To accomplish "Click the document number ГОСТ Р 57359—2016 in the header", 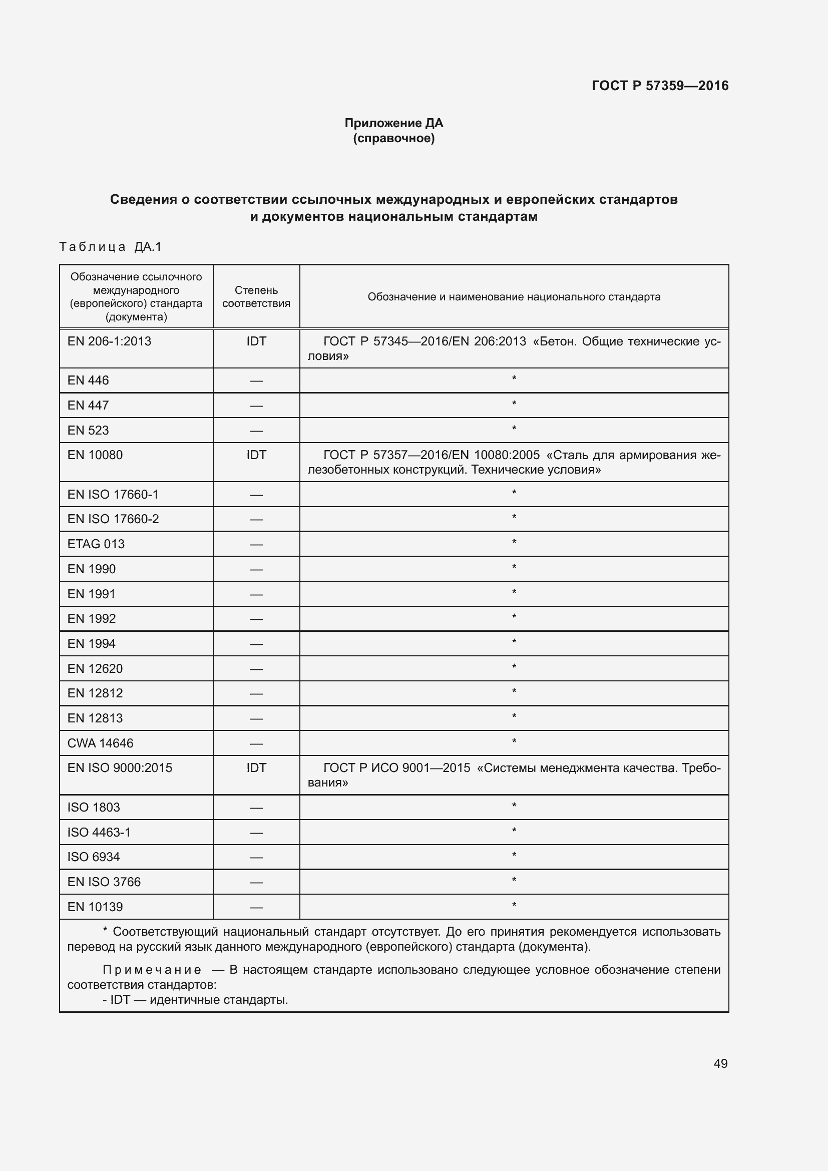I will coord(660,86).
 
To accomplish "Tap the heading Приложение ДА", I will coord(393,123).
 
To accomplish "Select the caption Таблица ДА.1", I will coord(110,247).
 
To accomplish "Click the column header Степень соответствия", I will coord(256,296).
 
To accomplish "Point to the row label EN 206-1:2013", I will coord(109,341).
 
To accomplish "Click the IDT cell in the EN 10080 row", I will coord(256,455).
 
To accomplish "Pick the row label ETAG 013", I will coord(96,544).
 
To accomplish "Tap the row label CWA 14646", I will coord(100,743).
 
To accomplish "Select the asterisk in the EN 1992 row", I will coord(514,618).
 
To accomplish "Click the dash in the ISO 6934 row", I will coord(256,857).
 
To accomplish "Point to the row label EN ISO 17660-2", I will coord(113,519).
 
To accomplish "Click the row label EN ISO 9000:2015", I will coord(119,767).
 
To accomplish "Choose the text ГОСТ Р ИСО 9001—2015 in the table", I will coord(396,767).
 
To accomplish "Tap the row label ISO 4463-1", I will coord(99,833).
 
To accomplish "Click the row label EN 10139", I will coord(95,907).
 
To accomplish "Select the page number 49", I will coord(720,1063).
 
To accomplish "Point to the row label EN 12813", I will coord(95,718).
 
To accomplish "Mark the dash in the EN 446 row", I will coord(256,381).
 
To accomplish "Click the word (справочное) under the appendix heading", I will coord(393,138).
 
